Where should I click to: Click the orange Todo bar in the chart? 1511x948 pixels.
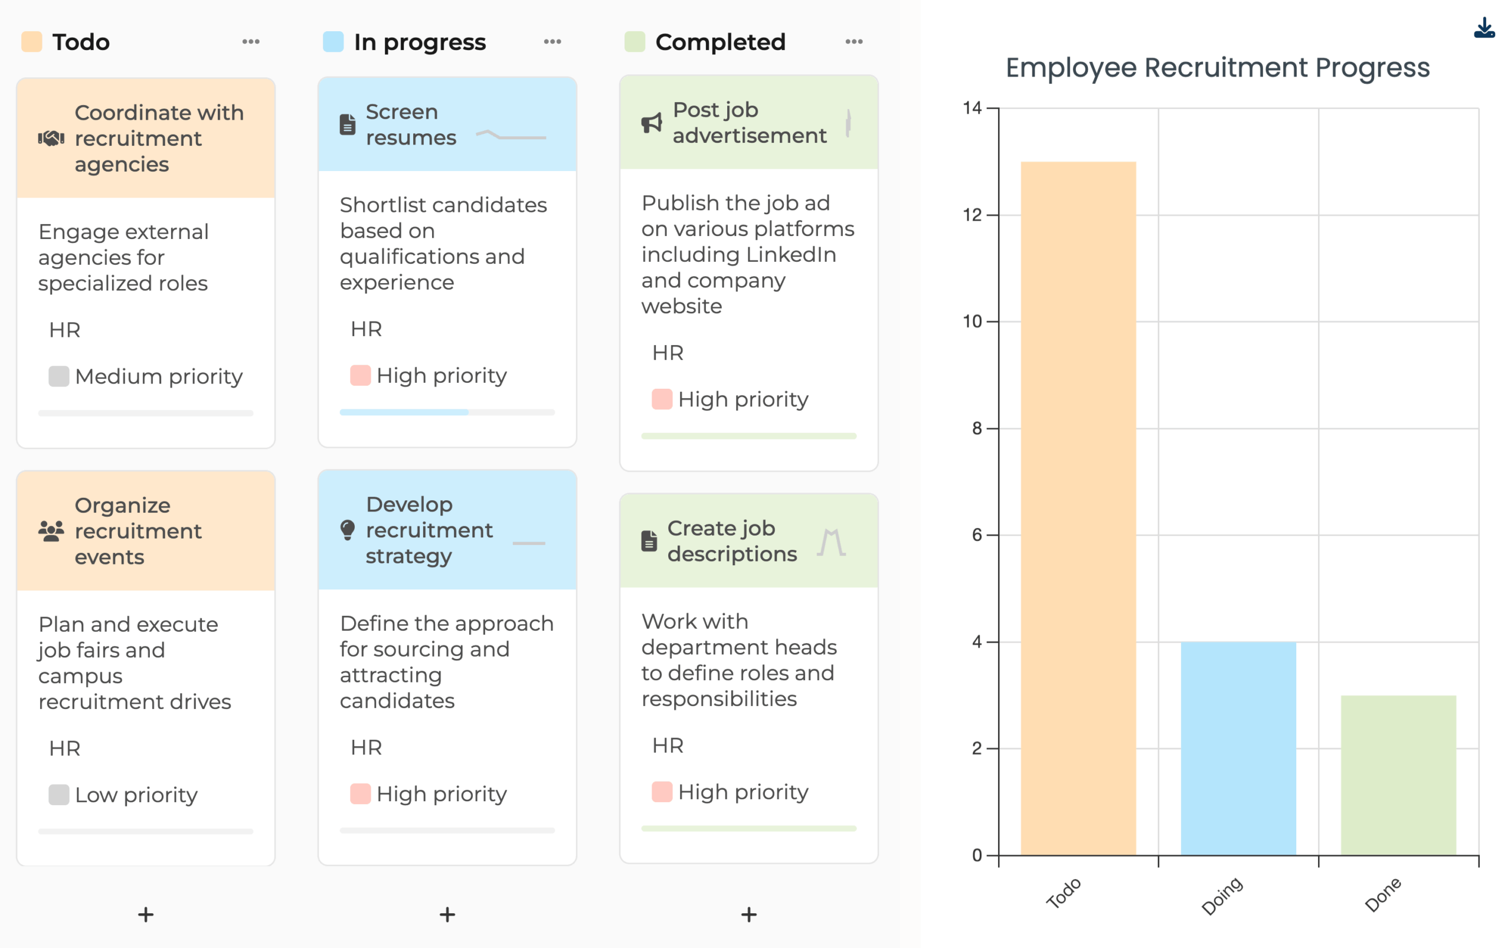tap(1078, 508)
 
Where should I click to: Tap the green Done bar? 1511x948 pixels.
tap(1398, 775)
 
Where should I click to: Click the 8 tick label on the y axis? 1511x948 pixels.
tap(977, 429)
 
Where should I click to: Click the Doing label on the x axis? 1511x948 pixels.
tap(1221, 896)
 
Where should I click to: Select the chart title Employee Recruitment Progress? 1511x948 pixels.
tap(1217, 68)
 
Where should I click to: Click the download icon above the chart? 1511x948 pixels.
tap(1483, 29)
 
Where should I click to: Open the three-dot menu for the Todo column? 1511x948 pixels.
tap(251, 42)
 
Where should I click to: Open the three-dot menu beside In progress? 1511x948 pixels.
tap(552, 42)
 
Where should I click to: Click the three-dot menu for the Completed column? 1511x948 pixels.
tap(853, 42)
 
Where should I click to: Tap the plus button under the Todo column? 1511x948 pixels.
tap(146, 914)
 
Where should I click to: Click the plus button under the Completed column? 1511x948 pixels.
tap(748, 914)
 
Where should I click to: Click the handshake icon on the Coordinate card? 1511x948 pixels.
tap(51, 139)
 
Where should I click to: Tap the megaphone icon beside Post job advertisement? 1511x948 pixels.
tap(652, 123)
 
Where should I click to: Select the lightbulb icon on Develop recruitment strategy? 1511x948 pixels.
tap(348, 530)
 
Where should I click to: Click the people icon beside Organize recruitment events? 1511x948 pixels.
tap(51, 531)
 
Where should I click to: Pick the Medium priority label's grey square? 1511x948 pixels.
tap(59, 376)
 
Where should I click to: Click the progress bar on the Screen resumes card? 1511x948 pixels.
tap(447, 412)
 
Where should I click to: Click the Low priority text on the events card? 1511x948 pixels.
tap(136, 795)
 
